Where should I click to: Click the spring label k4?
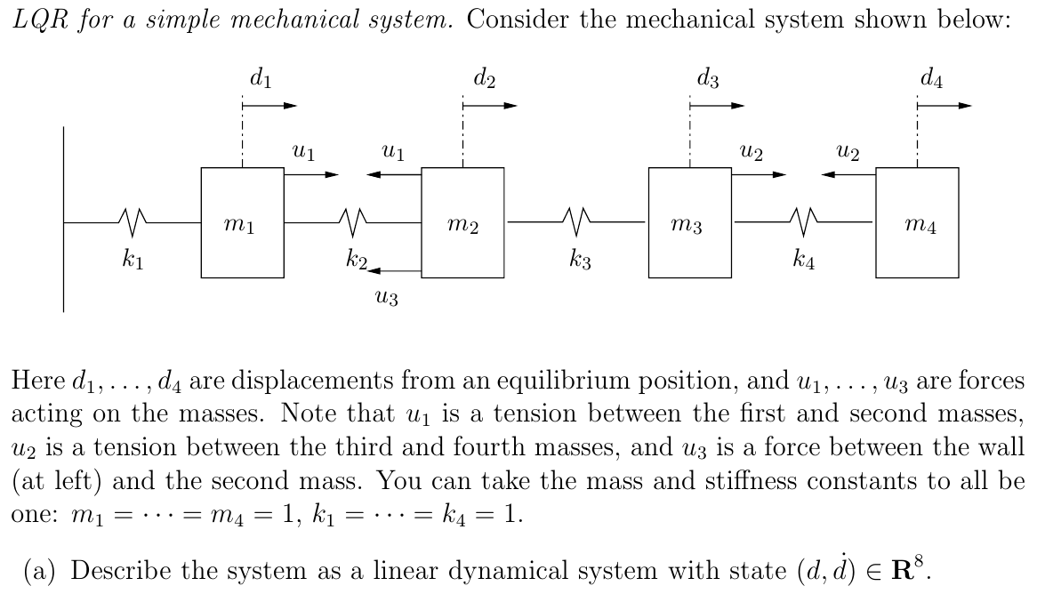tap(805, 261)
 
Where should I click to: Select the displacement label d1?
tap(261, 78)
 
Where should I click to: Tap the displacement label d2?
tap(484, 78)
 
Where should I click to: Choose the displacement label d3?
tap(708, 78)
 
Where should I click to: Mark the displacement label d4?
tap(932, 78)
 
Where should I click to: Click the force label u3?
tap(388, 298)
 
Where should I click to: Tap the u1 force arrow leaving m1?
tap(310, 174)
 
